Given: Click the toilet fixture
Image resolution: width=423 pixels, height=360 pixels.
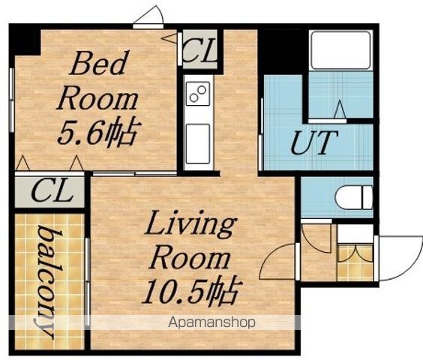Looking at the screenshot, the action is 354,197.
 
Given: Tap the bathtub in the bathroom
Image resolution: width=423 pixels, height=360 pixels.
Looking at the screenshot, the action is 340,50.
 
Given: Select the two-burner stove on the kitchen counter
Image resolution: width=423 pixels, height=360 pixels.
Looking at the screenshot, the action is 198,93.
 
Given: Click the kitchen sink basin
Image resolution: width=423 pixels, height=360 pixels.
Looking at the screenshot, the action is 198,144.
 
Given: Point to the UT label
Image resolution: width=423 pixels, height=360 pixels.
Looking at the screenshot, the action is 314,142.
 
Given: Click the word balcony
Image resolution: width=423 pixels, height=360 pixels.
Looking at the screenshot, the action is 49,281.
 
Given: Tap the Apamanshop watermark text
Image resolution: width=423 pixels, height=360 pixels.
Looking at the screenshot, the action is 211,322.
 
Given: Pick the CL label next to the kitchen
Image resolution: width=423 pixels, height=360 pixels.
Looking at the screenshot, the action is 199,49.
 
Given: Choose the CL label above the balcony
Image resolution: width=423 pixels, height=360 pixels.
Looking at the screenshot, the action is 52,191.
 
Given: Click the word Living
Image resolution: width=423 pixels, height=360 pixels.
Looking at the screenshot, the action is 190,226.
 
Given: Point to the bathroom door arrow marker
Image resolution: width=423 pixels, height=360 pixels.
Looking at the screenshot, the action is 340,109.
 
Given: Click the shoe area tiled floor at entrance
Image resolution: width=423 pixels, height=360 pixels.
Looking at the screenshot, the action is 355,262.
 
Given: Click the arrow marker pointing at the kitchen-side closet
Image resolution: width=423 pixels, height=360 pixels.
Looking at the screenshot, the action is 169,38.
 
